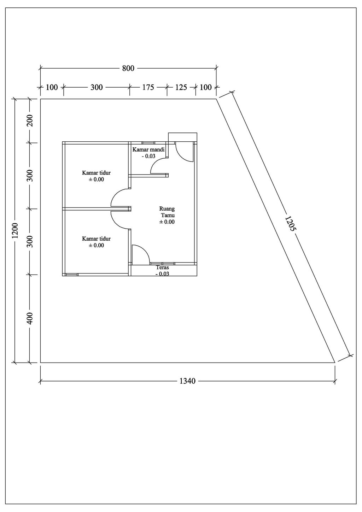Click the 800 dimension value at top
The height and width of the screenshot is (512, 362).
(x=128, y=68)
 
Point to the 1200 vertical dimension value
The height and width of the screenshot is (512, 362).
(x=15, y=230)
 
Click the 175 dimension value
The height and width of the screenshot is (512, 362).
(x=148, y=87)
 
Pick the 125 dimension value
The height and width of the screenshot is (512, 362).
(x=181, y=87)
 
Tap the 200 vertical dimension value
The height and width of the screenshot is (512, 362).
(x=30, y=121)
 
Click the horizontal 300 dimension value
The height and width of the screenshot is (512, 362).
(x=97, y=87)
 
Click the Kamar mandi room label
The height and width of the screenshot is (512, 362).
(x=148, y=150)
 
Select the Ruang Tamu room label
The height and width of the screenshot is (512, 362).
(x=167, y=212)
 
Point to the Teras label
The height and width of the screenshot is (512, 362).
(x=162, y=267)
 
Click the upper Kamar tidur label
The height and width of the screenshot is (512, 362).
(x=96, y=172)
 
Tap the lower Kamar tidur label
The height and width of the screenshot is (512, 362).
(x=96, y=239)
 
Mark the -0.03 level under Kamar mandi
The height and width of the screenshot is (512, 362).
(x=148, y=156)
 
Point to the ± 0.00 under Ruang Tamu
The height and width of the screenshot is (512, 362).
(x=167, y=222)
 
